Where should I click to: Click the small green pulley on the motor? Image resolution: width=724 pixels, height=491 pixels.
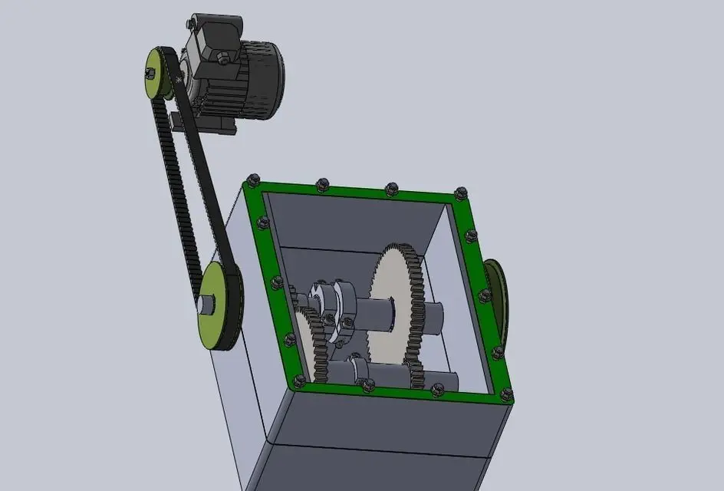pos(158,75)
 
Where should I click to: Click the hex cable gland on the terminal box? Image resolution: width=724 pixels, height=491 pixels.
pos(222,57)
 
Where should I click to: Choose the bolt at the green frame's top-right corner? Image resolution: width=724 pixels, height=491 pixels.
pos(460,193)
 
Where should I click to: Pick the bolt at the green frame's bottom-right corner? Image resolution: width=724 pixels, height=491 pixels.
pos(505,394)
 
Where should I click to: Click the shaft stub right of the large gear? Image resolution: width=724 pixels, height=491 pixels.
pos(434,316)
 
